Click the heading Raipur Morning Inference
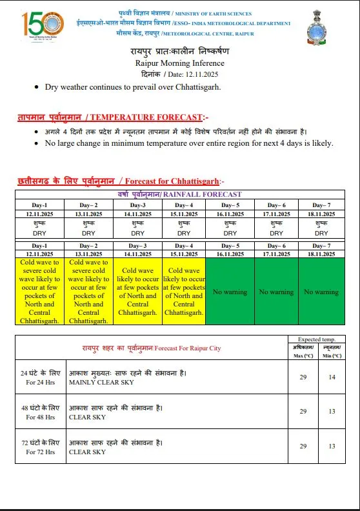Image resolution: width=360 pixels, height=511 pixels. point(180,63)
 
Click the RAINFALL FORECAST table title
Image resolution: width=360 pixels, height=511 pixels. point(180,194)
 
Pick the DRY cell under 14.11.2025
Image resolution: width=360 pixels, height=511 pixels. point(137,230)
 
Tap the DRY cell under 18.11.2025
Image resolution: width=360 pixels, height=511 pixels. point(321,230)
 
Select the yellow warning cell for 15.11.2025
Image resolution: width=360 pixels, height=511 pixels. point(184,291)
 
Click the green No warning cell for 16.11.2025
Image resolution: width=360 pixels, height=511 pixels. point(230,292)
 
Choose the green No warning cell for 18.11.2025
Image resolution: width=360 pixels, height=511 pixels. point(321,292)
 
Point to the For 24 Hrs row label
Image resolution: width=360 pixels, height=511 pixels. point(40,377)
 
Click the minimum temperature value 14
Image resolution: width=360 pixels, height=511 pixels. point(332,377)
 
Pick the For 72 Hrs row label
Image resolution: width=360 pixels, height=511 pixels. point(40,447)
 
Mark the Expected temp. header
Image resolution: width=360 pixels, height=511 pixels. point(316,339)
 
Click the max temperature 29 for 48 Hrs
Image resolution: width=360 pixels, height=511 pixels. point(303,412)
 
